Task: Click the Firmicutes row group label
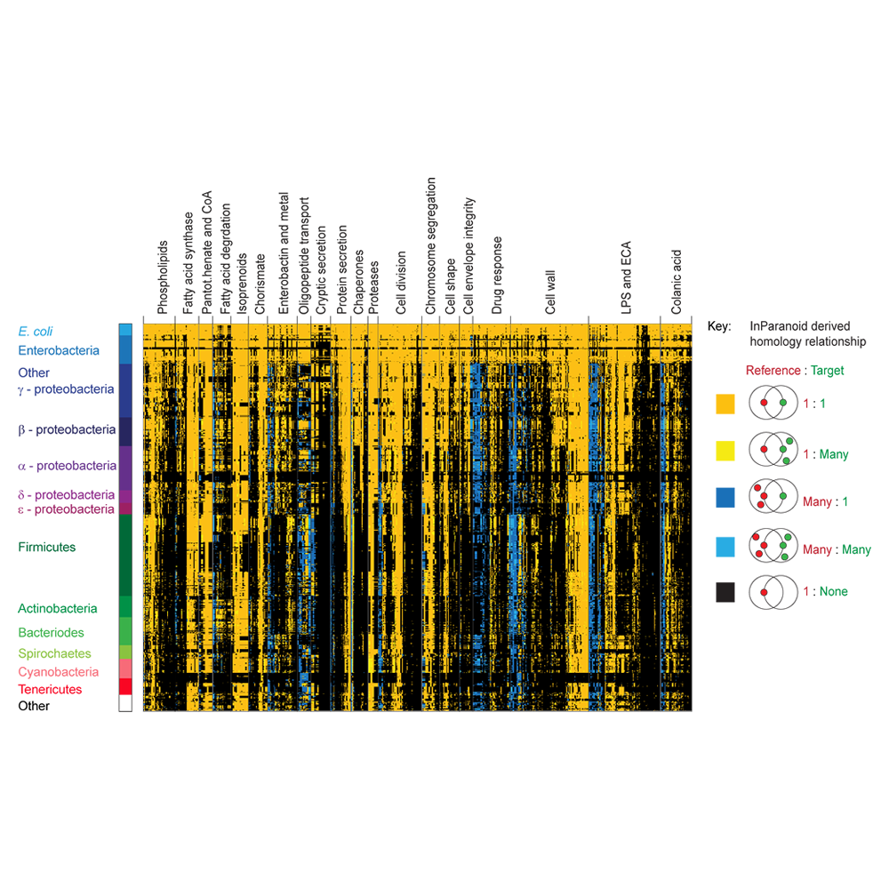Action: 46,547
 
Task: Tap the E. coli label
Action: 36,331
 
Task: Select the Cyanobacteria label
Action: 59,672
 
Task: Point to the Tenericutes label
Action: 50,690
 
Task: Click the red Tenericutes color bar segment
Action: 125,686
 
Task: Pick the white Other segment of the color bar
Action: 125,703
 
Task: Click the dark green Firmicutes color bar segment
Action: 125,555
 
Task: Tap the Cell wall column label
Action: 550,292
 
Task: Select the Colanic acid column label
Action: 676,282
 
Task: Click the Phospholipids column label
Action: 163,277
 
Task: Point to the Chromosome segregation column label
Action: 431,245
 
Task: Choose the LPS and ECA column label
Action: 626,277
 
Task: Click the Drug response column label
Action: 497,275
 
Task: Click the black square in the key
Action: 725,592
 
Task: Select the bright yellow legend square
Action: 725,451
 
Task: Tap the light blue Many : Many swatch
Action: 725,547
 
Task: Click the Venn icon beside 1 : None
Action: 773,592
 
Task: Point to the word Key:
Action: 719,326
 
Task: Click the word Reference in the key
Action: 773,370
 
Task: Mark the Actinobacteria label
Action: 57,608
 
